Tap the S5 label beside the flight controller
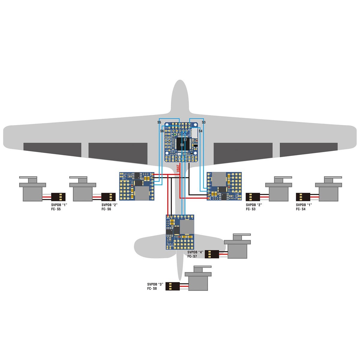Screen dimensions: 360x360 [159, 122]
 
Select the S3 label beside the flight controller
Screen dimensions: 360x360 [203, 122]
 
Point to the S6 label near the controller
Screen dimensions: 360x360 [162, 131]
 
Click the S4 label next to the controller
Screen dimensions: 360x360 [201, 131]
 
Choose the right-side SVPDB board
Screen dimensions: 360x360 [224, 186]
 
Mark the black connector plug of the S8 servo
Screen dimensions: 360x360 [172, 286]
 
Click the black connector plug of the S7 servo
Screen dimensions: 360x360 [212, 254]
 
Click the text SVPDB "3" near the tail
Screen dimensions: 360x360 [155, 284]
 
